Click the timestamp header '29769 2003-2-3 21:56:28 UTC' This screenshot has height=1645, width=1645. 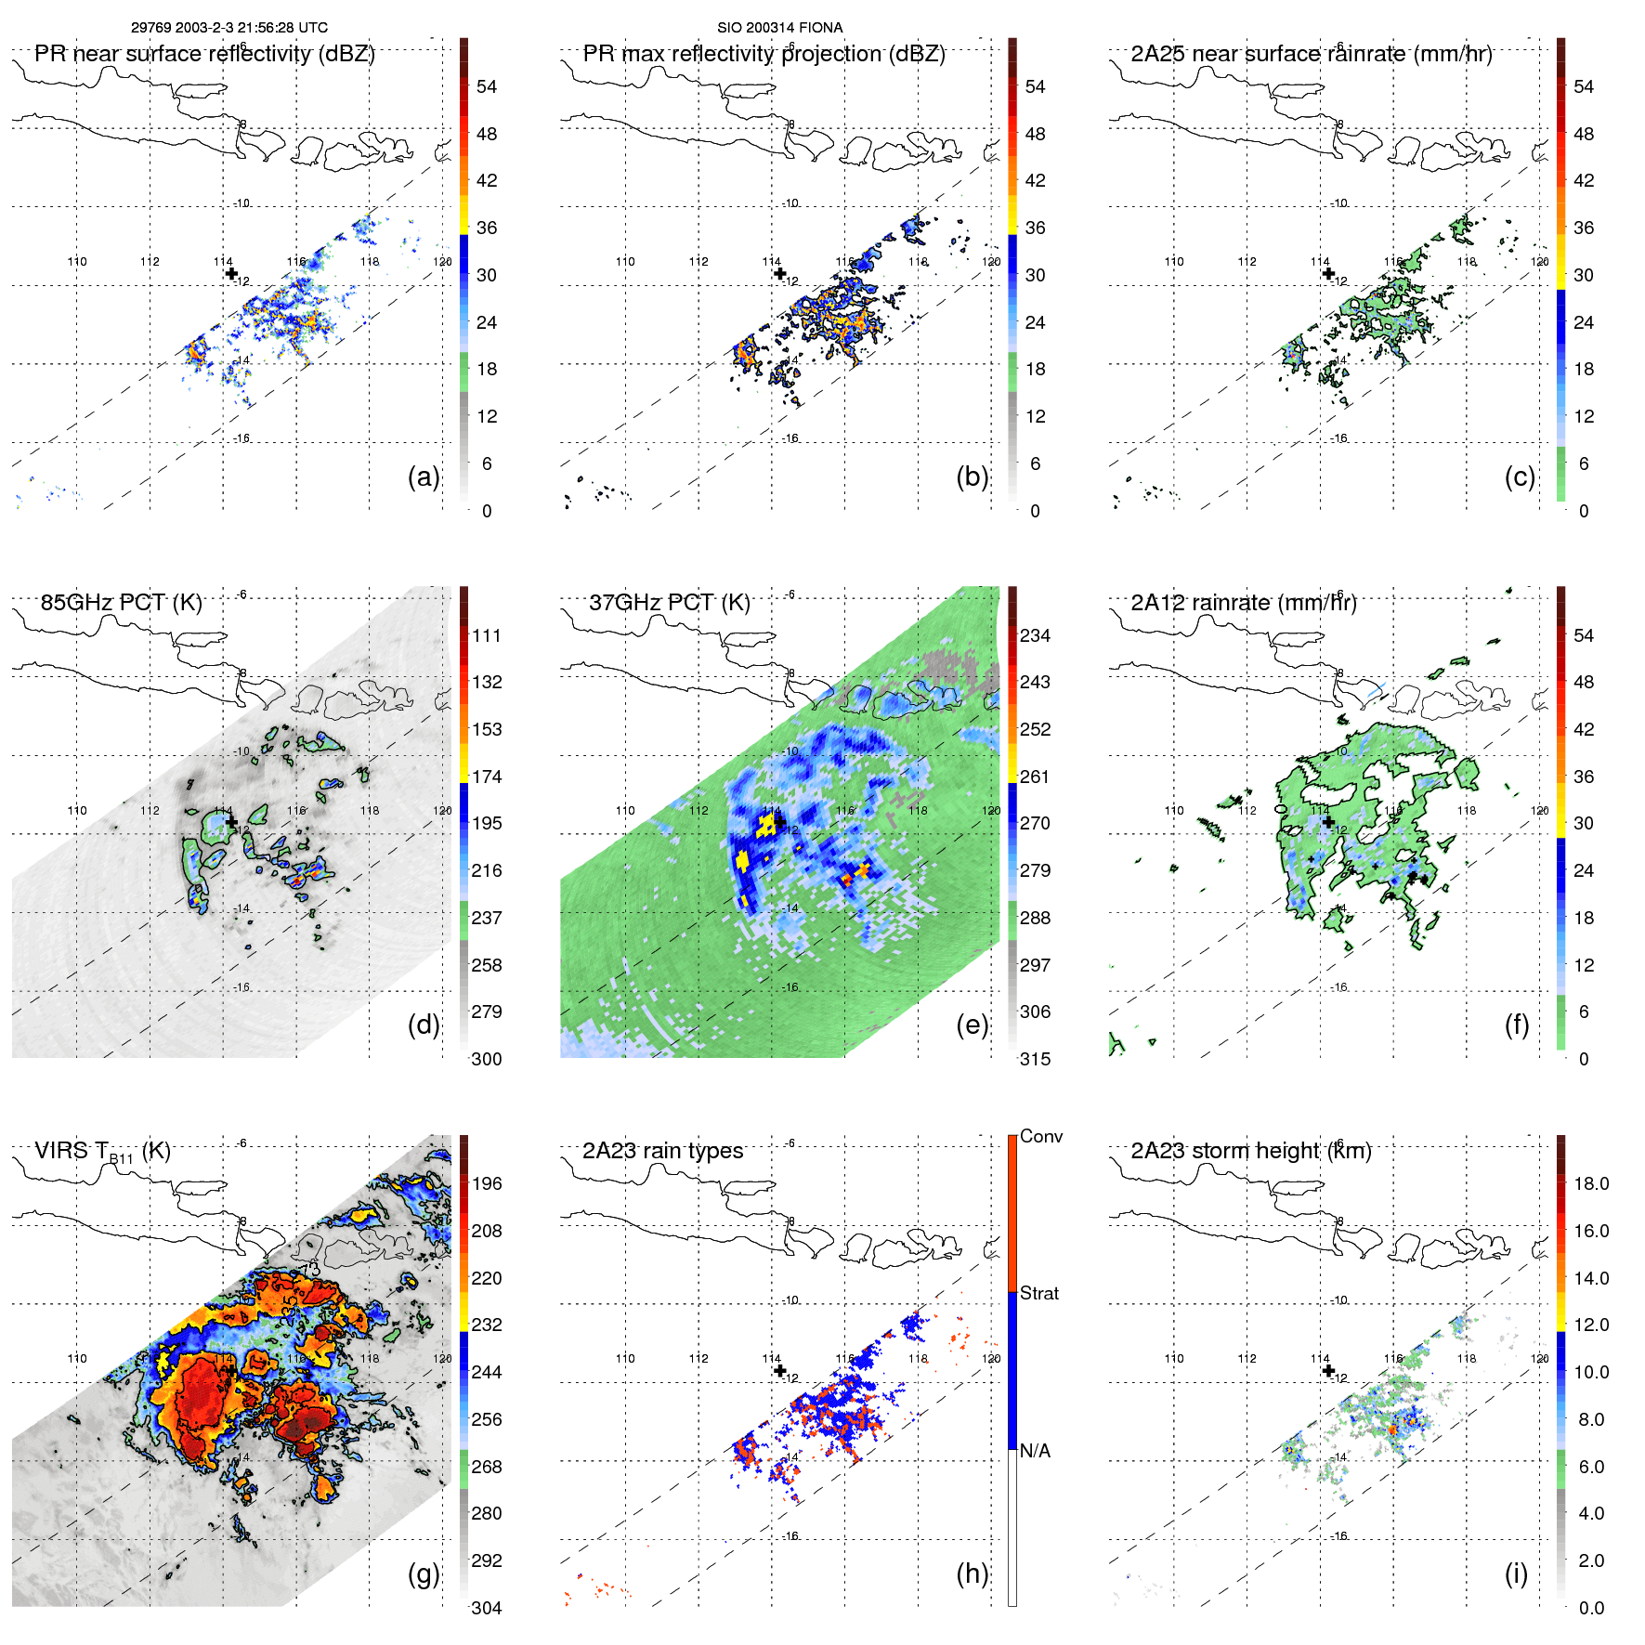228,28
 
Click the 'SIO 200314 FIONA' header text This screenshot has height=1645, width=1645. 779,28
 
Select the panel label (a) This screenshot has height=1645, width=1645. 424,477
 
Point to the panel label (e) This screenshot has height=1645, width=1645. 972,1025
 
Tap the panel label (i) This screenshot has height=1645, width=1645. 1516,1573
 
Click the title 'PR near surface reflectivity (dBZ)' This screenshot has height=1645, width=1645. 204,54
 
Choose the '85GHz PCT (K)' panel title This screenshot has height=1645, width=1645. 121,602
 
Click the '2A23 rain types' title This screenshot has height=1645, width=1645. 662,1151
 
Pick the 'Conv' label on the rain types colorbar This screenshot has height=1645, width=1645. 1041,1136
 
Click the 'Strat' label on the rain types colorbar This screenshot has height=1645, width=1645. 1039,1293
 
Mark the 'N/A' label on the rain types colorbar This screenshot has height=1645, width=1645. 1035,1451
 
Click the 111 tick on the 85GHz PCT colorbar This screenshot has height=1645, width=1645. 487,635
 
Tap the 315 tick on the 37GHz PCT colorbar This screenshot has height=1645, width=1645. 1035,1059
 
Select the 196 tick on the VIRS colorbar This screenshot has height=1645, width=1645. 487,1183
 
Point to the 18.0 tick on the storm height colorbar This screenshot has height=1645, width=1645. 1591,1183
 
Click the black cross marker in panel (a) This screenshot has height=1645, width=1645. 231,273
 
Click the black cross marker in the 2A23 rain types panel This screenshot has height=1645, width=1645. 779,1370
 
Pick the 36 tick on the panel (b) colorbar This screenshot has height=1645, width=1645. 1035,228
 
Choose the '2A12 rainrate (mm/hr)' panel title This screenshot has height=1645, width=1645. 1243,602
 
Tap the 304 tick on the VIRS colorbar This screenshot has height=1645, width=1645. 487,1608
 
